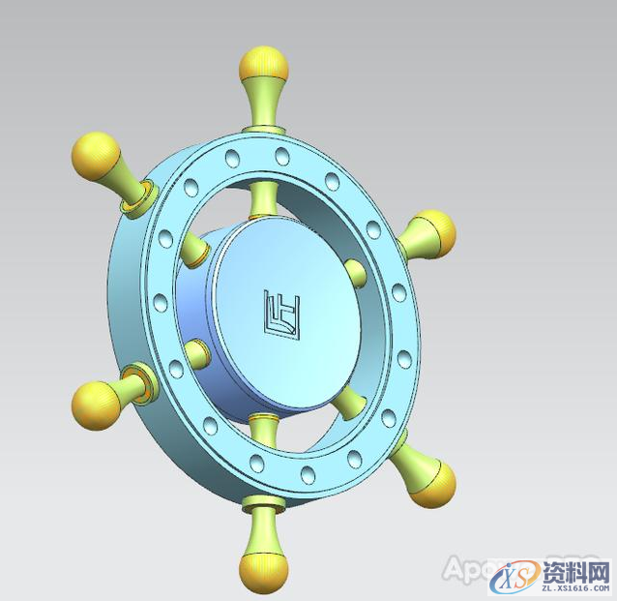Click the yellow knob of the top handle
(263, 64)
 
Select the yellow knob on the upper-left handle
(95, 154)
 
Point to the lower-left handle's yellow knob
(95, 401)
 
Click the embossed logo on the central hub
(281, 313)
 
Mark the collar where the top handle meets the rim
(263, 128)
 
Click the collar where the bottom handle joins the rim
(263, 502)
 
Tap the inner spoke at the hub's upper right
(355, 272)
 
